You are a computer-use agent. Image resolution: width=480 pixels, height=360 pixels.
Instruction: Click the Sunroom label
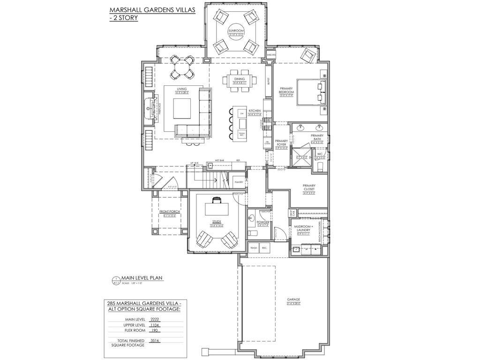pos(233,31)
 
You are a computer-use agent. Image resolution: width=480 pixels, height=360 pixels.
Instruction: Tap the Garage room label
pos(293,299)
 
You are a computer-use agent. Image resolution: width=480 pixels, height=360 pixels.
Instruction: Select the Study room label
pos(216,222)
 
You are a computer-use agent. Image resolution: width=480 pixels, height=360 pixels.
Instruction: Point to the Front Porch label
pos(169,212)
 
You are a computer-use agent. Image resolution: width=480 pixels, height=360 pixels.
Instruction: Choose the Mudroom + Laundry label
pos(302,228)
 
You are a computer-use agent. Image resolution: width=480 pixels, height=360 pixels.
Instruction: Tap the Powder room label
pos(262,222)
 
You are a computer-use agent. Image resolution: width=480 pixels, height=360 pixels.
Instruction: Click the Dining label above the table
pos(240,79)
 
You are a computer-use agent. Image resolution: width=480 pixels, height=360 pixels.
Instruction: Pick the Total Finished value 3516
pos(155,341)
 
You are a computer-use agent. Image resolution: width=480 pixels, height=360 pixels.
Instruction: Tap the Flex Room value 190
pos(155,330)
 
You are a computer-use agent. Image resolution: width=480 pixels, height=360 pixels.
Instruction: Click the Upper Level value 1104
pos(155,324)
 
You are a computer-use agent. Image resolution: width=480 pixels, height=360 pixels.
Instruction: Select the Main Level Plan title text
pos(142,278)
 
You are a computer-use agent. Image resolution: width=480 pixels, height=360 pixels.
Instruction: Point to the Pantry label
pos(239,181)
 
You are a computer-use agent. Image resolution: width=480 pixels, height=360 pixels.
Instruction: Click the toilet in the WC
pos(321,166)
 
